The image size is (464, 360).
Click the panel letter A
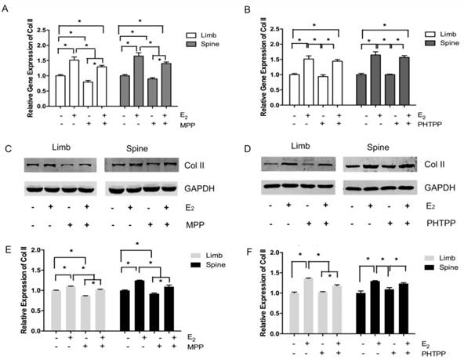[7, 6]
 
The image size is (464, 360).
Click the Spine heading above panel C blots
[141, 148]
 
